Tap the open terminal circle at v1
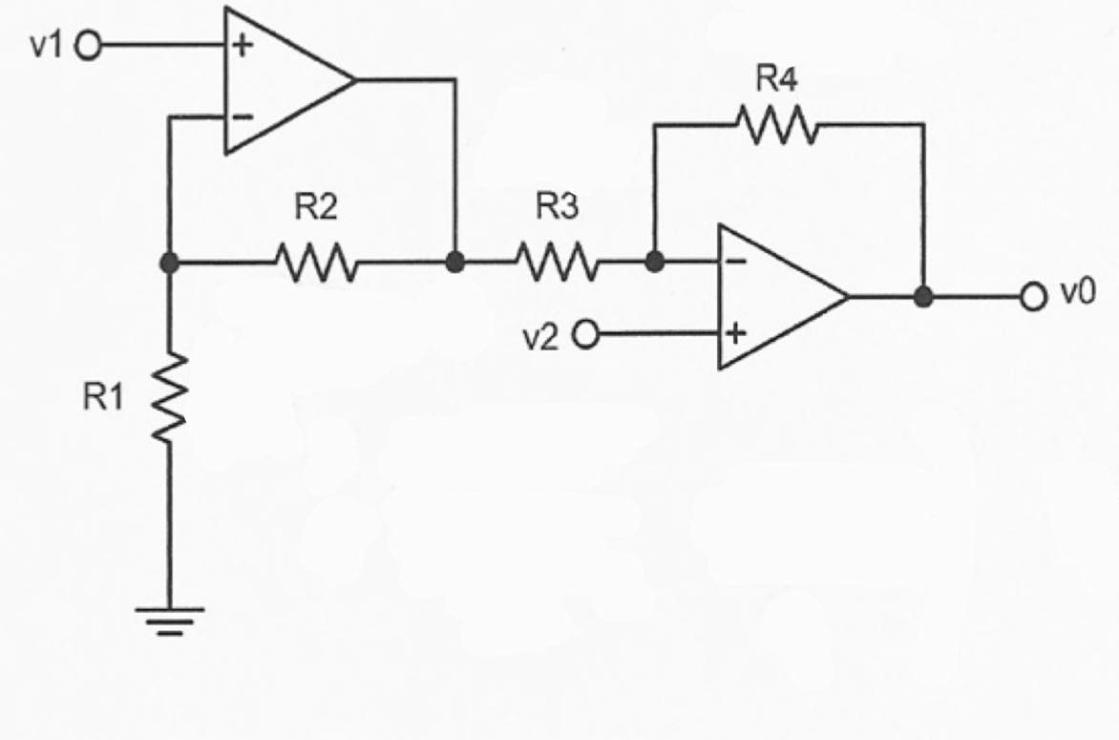[88, 46]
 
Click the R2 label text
[315, 209]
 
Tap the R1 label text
[104, 398]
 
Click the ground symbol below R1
[169, 621]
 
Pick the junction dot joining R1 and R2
[169, 263]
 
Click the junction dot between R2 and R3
[455, 262]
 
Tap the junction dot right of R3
[654, 261]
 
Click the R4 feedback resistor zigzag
[774, 124]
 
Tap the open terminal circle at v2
[584, 335]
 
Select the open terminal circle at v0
[1033, 298]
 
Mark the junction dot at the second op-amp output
[923, 298]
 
